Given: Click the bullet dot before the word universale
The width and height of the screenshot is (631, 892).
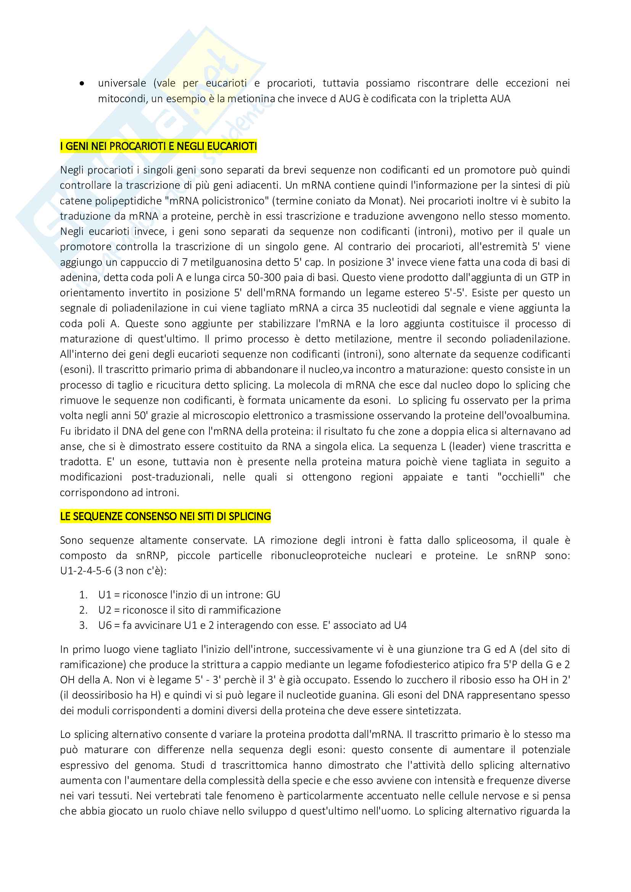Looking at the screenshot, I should coord(82,83).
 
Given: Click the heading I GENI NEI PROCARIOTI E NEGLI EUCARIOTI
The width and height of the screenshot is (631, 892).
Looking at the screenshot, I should coord(159,146).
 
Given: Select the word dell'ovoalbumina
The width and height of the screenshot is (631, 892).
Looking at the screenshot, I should coord(532,416).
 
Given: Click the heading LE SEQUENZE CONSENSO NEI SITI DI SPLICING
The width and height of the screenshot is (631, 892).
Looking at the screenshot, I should coord(166,516).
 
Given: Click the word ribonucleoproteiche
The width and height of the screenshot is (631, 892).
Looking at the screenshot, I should coord(318,556).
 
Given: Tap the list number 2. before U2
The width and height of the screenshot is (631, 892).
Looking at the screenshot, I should coord(83,610).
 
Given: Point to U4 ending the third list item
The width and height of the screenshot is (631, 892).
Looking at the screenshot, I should coord(400,625).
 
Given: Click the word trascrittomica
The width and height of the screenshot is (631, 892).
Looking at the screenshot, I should coord(254,765).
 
